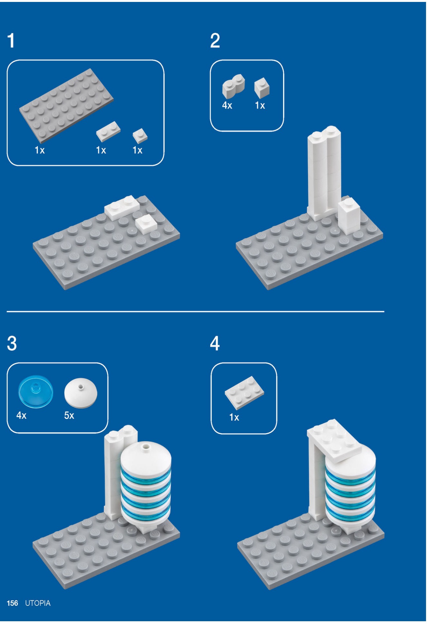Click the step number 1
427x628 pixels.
point(11,41)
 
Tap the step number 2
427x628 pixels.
point(215,41)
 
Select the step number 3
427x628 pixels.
point(12,343)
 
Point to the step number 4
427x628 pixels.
point(215,343)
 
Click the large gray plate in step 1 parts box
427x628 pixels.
point(66,105)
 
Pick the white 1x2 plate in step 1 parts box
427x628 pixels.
point(108,131)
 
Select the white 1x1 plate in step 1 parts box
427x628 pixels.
point(140,136)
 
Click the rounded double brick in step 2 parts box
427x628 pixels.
point(233,86)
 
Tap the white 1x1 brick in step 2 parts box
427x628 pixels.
point(262,88)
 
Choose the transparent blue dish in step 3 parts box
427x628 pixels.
point(35,392)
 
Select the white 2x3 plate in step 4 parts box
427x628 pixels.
point(244,393)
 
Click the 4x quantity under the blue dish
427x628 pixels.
point(21,415)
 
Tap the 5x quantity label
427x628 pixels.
point(69,415)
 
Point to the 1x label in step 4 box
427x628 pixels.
point(234,417)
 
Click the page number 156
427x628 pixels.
point(13,603)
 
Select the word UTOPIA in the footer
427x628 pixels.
point(38,603)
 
